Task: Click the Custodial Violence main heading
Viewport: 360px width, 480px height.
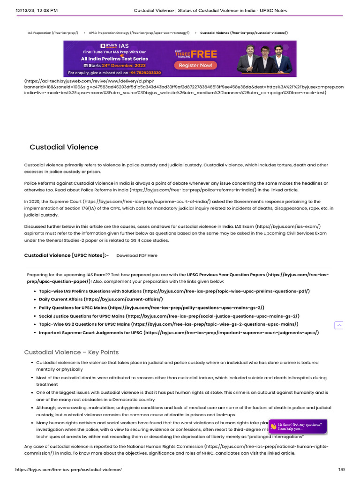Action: [64, 147]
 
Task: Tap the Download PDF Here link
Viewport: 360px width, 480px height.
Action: [137, 255]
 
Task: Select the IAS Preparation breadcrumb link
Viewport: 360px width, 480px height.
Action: [53, 33]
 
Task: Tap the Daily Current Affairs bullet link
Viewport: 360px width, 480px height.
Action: [101, 299]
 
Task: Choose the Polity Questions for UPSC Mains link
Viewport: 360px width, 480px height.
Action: [151, 307]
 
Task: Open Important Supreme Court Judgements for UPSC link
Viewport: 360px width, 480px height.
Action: [179, 333]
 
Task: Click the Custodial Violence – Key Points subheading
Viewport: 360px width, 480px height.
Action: [71, 352]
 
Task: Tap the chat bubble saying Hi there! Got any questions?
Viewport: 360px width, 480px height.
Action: [298, 426]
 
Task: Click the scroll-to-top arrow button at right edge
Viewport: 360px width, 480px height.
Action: [339, 325]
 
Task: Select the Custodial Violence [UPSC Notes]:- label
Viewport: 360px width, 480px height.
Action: [67, 255]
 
